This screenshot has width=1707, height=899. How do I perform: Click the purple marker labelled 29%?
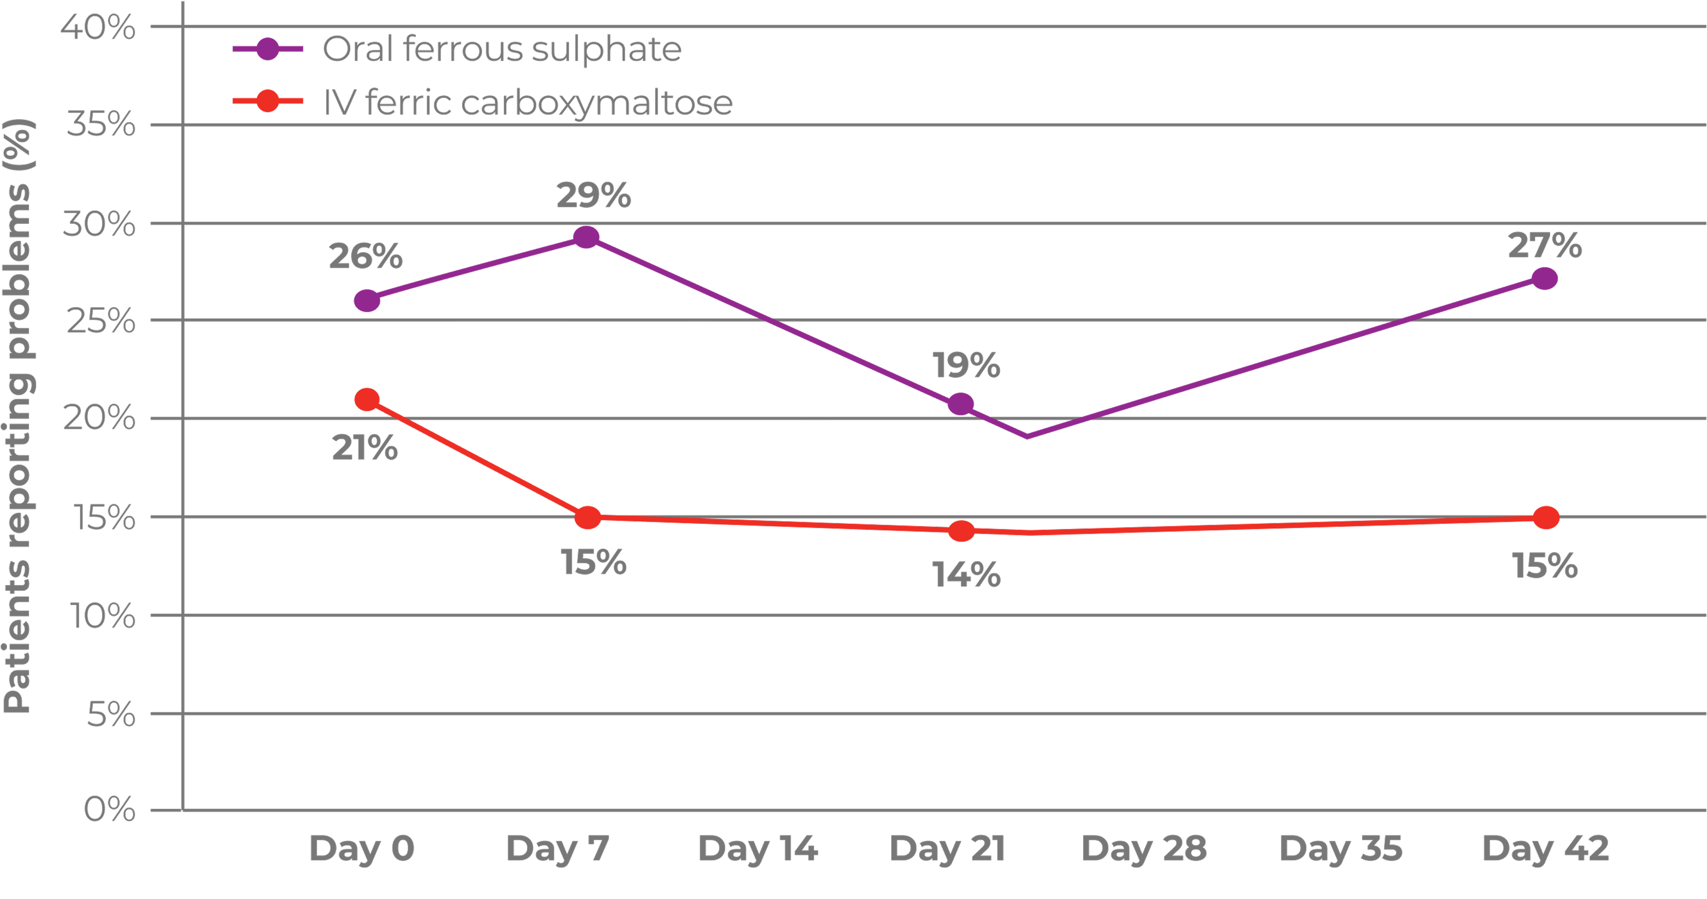(x=586, y=237)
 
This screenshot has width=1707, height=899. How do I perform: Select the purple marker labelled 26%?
(x=366, y=300)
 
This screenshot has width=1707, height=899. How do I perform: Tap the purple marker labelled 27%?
(x=1545, y=278)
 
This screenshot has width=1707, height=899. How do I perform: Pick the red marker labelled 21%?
(x=366, y=399)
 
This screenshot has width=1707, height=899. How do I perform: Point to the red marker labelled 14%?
(x=961, y=531)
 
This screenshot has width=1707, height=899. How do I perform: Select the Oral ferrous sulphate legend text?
(x=501, y=49)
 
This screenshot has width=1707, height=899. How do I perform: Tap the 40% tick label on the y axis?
(x=98, y=27)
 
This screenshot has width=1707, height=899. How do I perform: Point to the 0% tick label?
(x=109, y=809)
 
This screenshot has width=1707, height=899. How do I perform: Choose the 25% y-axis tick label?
(x=101, y=321)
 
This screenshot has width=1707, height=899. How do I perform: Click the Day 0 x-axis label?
(x=362, y=848)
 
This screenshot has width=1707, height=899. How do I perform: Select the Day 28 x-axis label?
(x=1144, y=848)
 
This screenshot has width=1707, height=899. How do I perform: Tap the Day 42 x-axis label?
(x=1546, y=848)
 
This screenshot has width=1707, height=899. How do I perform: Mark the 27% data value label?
(x=1545, y=245)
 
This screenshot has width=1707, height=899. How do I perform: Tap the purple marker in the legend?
(x=267, y=48)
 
